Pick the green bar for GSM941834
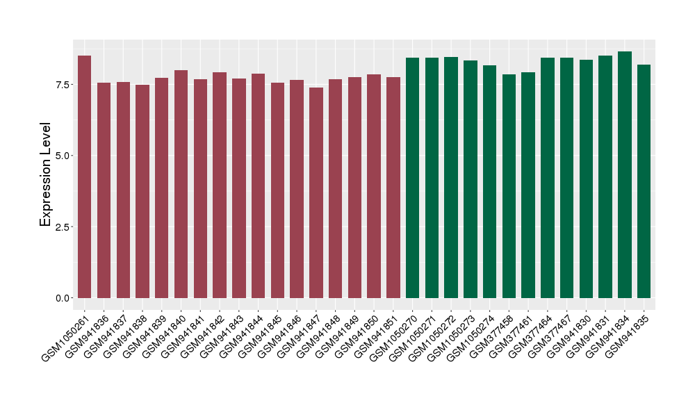click(625, 174)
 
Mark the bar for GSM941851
click(393, 188)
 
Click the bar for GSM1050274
click(489, 181)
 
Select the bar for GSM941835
click(644, 181)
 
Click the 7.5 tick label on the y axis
click(61, 85)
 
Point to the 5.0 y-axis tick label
click(61, 156)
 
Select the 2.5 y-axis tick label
click(61, 227)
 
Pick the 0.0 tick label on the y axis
click(61, 298)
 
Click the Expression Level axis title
click(46, 174)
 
